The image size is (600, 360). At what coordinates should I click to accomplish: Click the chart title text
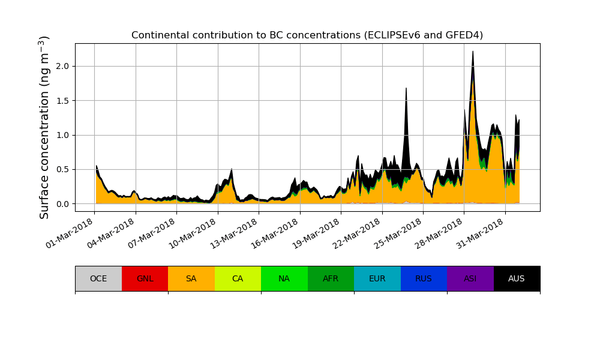coord(307,35)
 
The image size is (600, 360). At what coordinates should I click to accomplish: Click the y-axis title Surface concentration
coord(44,127)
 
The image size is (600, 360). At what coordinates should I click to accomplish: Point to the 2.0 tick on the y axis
coord(62,66)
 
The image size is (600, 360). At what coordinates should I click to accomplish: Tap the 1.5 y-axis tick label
coord(62,101)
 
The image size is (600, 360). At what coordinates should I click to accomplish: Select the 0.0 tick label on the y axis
coord(62,204)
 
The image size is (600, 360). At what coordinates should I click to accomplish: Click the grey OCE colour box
coord(98,278)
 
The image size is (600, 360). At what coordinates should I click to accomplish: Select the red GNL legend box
coord(145,278)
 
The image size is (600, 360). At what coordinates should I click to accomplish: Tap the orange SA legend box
coord(191,278)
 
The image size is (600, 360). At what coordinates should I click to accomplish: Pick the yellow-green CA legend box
coord(238,278)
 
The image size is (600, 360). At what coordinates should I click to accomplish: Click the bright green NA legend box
coord(284,278)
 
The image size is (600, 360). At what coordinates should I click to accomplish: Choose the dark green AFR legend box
coord(331,278)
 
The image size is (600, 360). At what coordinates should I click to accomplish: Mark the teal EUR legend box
coord(377,278)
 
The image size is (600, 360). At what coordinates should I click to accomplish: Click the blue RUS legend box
coord(424,278)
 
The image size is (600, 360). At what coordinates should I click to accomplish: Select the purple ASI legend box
coord(470,278)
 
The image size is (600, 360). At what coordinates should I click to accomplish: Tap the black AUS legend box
coord(517,278)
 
